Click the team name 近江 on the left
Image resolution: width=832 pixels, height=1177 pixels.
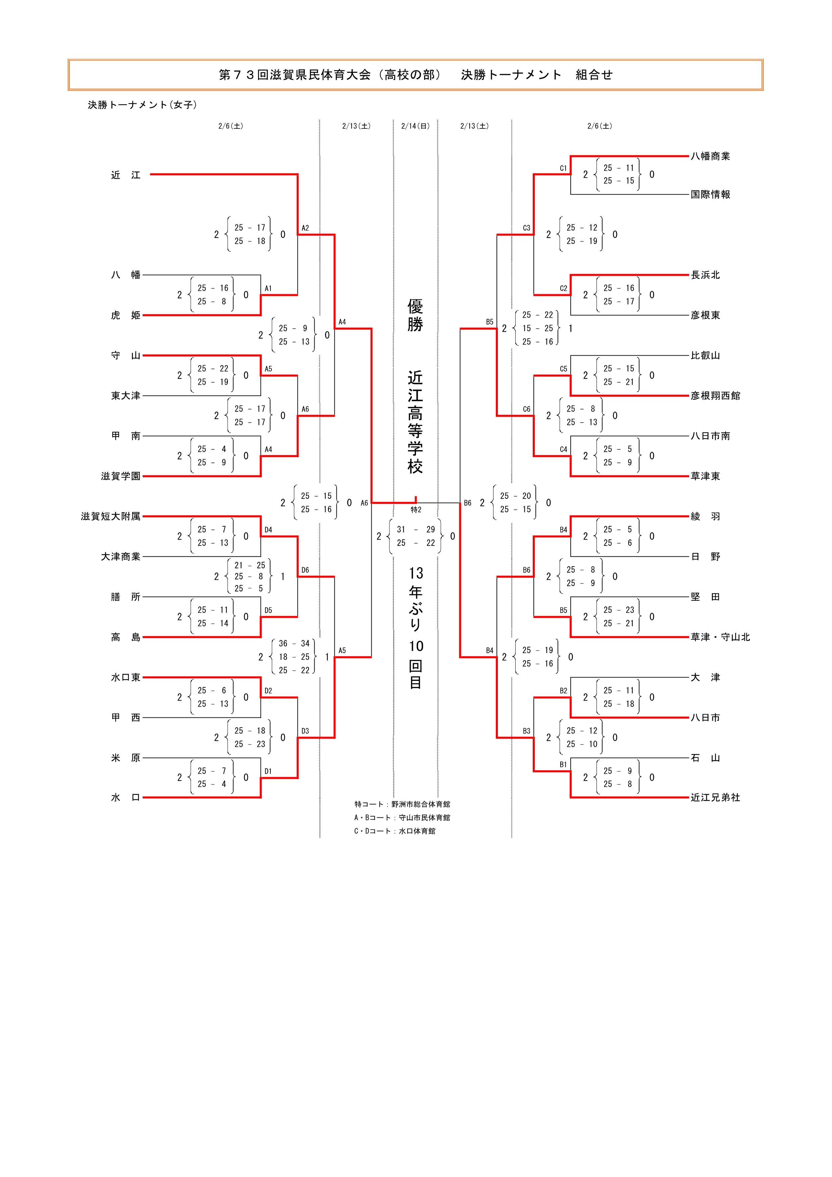[x=125, y=175]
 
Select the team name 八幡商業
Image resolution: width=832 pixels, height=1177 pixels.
[x=710, y=156]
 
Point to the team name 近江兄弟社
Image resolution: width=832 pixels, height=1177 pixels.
[x=715, y=797]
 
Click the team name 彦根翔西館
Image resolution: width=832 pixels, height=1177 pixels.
[x=715, y=396]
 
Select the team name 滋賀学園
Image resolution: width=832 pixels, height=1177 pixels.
[x=120, y=476]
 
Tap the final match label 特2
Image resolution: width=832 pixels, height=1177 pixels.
[x=416, y=510]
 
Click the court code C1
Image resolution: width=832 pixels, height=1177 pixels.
[x=563, y=168]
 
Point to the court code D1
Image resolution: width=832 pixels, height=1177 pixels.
[x=268, y=771]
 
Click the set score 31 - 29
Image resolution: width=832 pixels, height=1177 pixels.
[x=415, y=530]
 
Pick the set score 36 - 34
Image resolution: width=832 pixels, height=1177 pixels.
[x=294, y=643]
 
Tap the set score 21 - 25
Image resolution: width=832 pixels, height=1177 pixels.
[x=250, y=565]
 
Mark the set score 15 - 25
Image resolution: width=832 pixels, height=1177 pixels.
[x=537, y=328]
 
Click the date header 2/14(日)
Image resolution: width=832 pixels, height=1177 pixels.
[x=415, y=126]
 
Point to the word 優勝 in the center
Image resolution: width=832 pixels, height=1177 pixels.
[x=415, y=315]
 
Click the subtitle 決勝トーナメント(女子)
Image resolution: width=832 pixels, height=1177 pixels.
[x=142, y=105]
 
